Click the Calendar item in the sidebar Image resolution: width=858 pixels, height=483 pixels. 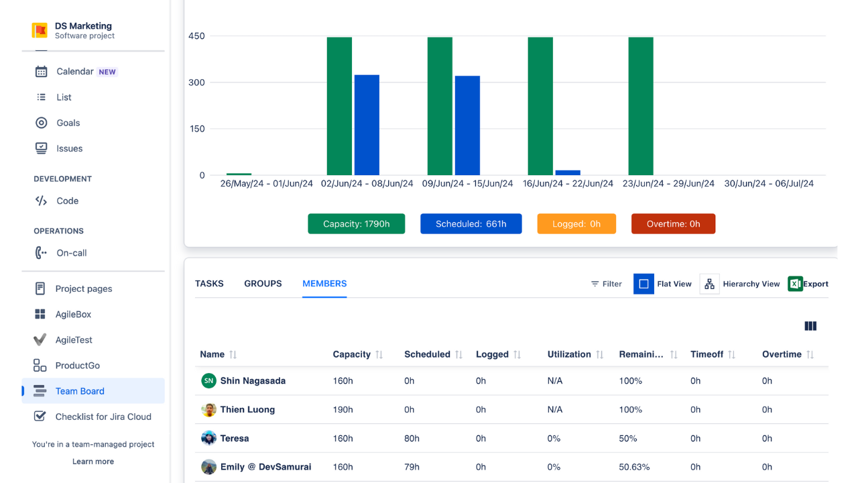pyautogui.click(x=75, y=72)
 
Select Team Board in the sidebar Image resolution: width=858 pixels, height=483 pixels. pyautogui.click(x=80, y=391)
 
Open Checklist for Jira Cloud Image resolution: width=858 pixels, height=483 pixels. pyautogui.click(x=103, y=417)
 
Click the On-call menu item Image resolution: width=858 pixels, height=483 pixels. pyautogui.click(x=71, y=253)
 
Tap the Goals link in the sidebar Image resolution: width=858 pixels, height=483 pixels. pyautogui.click(x=68, y=123)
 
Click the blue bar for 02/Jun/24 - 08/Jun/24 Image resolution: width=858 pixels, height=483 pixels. pyautogui.click(x=367, y=125)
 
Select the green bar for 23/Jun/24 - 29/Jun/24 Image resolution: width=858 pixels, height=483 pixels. pyautogui.click(x=641, y=106)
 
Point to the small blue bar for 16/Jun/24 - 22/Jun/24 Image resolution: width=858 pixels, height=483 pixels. pyautogui.click(x=568, y=172)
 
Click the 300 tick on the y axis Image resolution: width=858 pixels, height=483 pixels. pyautogui.click(x=197, y=83)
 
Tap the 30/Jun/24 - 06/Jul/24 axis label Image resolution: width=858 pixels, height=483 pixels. pyautogui.click(x=769, y=184)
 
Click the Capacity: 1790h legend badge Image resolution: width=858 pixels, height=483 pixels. pyautogui.click(x=356, y=224)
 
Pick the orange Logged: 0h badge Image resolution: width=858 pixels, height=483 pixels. pyautogui.click(x=576, y=224)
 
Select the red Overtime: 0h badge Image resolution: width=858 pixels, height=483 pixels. pyautogui.click(x=673, y=224)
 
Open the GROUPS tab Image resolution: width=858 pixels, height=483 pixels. pyautogui.click(x=263, y=284)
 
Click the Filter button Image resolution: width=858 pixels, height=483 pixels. pyautogui.click(x=606, y=284)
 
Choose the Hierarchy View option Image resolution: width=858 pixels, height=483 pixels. pyautogui.click(x=741, y=284)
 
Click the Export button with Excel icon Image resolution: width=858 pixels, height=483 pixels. pyautogui.click(x=808, y=284)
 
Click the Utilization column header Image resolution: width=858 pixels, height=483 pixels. pyautogui.click(x=569, y=354)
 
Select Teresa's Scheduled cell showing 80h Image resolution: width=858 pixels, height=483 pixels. pyautogui.click(x=412, y=439)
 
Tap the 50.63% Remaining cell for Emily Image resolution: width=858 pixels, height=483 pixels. pyautogui.click(x=634, y=468)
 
